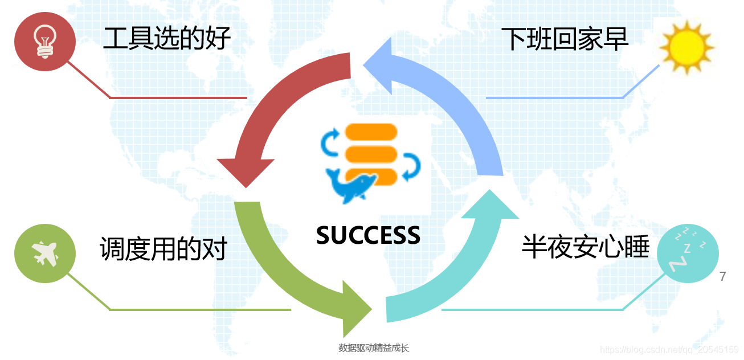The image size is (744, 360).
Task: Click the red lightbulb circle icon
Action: pyautogui.click(x=44, y=42)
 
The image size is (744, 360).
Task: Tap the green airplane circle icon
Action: pyautogui.click(x=44, y=253)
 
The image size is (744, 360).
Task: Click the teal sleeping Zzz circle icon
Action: pyautogui.click(x=688, y=253)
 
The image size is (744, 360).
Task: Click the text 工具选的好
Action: pyautogui.click(x=166, y=39)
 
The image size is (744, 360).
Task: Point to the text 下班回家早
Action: pyautogui.click(x=565, y=39)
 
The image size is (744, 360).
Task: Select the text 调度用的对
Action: pyautogui.click(x=163, y=248)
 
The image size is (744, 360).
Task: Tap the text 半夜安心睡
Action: pyautogui.click(x=585, y=247)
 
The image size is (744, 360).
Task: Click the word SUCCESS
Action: pyautogui.click(x=368, y=235)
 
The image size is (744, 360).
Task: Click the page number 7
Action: pyautogui.click(x=723, y=277)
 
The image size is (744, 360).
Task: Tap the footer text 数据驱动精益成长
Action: pyautogui.click(x=374, y=348)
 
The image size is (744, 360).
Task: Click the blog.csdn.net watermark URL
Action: pyautogui.click(x=669, y=349)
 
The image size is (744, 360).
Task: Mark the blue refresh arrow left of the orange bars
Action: pyautogui.click(x=330, y=142)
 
